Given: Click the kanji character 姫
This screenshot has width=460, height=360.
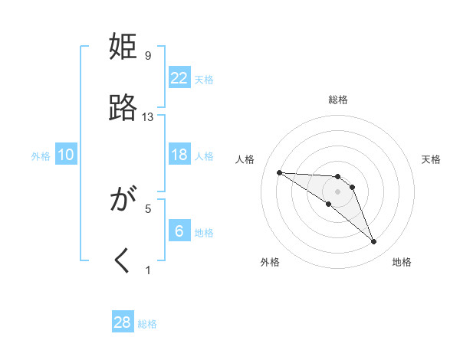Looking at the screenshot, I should (x=123, y=47).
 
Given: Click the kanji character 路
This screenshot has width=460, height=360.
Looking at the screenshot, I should (x=123, y=108).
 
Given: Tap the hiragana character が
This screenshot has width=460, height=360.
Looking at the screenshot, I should (x=123, y=201).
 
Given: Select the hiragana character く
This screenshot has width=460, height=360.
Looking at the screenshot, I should (x=123, y=261).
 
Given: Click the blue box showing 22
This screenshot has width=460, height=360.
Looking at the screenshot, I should (x=179, y=77).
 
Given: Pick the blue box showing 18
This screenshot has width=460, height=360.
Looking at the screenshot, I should (x=179, y=155).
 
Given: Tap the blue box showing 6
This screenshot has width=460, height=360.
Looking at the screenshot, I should (x=179, y=231).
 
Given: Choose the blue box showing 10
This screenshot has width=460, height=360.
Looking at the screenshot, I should (x=66, y=155).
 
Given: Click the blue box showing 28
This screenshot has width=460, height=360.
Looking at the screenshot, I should (x=123, y=322).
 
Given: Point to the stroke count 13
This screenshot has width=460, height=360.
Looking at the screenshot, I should (x=148, y=116).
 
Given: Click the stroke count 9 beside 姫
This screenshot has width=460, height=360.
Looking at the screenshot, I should (x=148, y=55).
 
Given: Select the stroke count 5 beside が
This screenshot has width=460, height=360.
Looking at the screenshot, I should (x=148, y=208).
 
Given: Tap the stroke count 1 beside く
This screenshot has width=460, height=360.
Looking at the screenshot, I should (x=148, y=270).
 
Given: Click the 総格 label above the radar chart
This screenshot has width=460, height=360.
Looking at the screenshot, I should (x=338, y=100).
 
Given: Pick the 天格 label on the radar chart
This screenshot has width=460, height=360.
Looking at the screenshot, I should (x=431, y=159).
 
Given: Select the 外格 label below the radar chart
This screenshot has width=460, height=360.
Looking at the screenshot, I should (x=270, y=262).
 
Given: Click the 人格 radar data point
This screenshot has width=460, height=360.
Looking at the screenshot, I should (x=279, y=172).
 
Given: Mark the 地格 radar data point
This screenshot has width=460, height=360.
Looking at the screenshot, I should (x=373, y=242).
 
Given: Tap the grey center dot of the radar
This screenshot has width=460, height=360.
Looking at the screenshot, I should (x=338, y=191).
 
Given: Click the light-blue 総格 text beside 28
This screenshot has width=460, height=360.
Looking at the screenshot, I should (x=147, y=324).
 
